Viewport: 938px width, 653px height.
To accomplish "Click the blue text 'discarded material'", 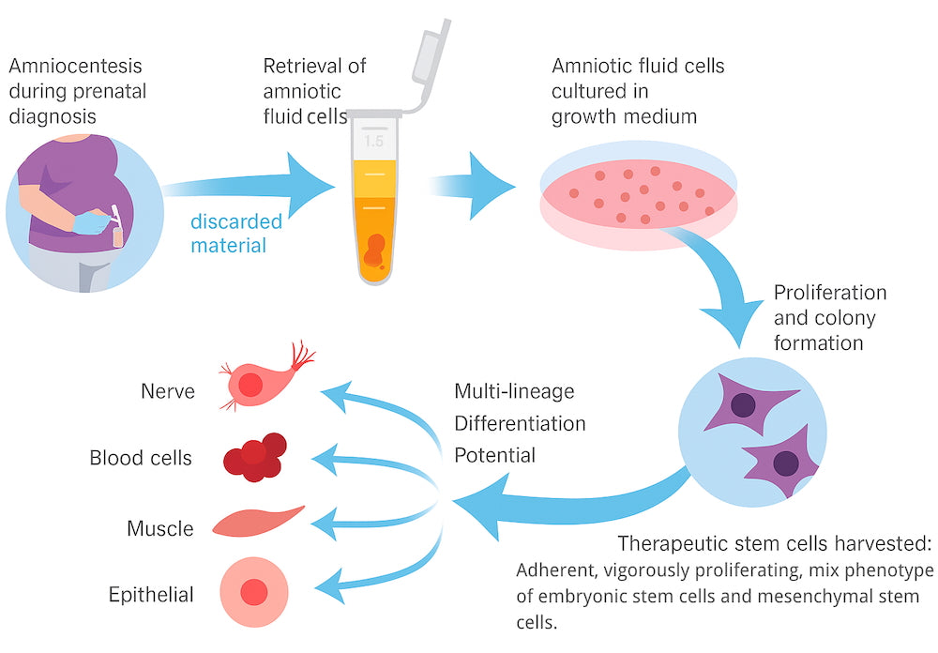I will click(x=235, y=234).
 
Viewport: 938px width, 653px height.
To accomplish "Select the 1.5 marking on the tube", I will click(x=373, y=142).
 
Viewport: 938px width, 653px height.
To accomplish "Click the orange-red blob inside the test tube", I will click(x=374, y=249).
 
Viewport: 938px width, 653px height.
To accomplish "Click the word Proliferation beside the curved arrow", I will click(x=829, y=292).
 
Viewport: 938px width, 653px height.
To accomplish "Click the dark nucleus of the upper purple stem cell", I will click(x=745, y=405).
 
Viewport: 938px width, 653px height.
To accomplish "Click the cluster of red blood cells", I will click(x=254, y=457).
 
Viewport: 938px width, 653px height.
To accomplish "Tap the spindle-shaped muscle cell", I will click(x=257, y=521).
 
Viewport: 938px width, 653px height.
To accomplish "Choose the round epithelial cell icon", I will click(x=251, y=592).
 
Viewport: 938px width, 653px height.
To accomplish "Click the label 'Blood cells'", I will click(x=141, y=458).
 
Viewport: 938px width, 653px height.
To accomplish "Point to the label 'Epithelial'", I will click(x=151, y=594).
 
